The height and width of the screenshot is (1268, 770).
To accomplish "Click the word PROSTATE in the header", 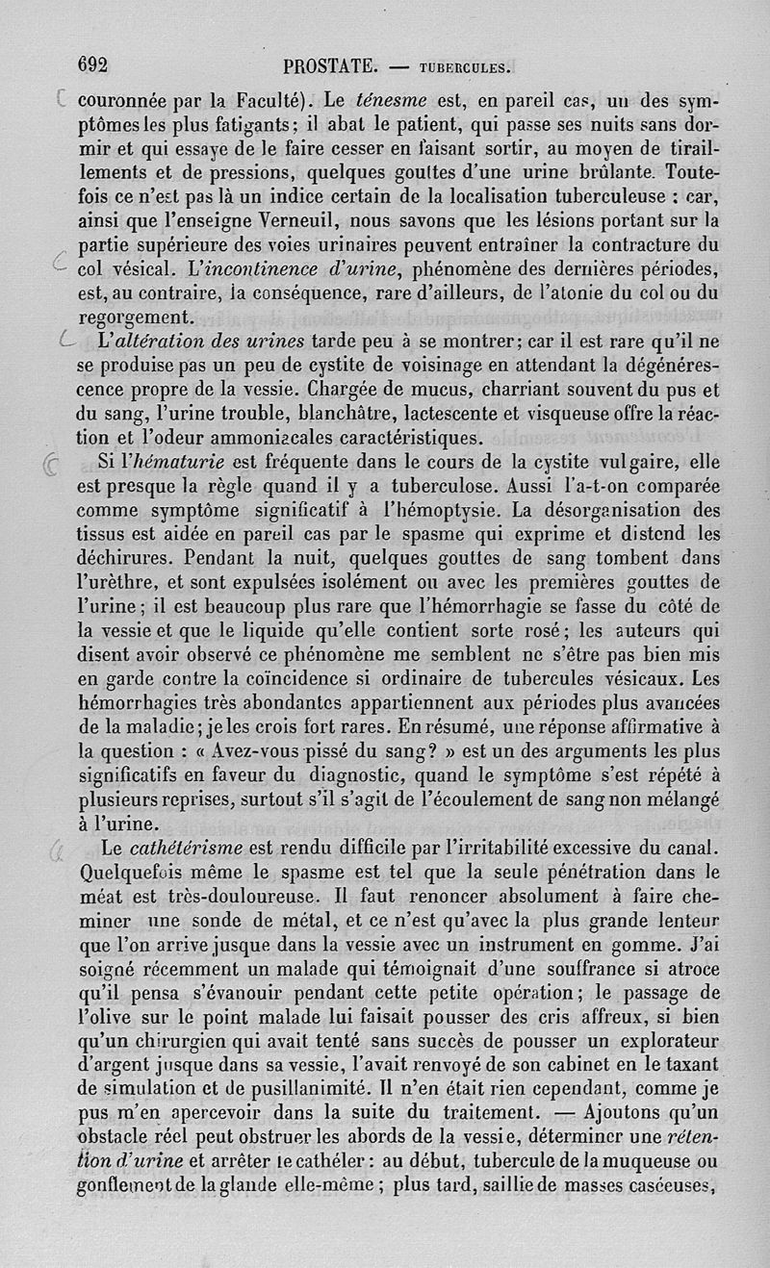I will [330, 66].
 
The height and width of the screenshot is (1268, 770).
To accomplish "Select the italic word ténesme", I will [385, 98].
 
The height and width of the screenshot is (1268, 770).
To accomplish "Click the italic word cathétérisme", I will [186, 847].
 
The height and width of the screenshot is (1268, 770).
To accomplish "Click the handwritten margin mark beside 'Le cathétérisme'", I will [58, 847].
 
